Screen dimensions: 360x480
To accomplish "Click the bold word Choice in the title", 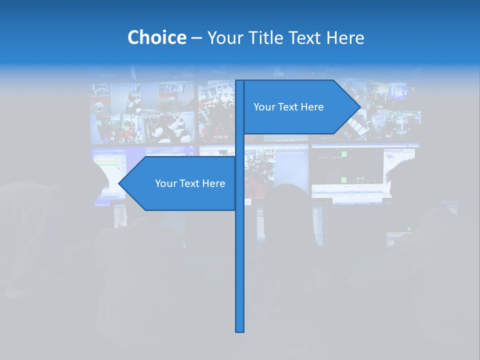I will coord(156,37).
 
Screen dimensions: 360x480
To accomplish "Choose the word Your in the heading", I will coord(224,37).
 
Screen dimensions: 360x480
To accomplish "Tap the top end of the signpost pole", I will coord(240,81).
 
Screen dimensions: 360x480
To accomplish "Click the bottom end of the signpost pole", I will coord(240,330).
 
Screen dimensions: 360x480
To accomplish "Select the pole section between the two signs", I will coord(240,145).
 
